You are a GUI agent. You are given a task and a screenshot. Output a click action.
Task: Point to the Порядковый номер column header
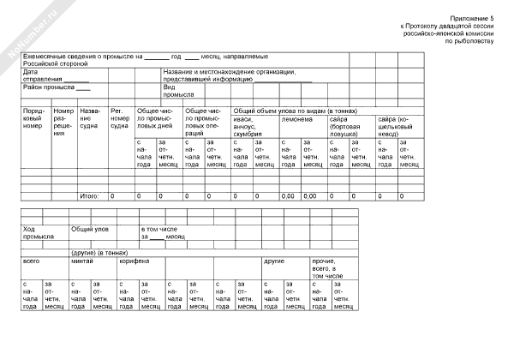coord(34,119)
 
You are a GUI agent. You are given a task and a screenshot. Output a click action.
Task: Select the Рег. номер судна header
coord(121,119)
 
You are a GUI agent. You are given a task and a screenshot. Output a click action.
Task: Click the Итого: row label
coord(90,196)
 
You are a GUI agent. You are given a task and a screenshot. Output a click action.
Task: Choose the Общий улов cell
coord(89,229)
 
